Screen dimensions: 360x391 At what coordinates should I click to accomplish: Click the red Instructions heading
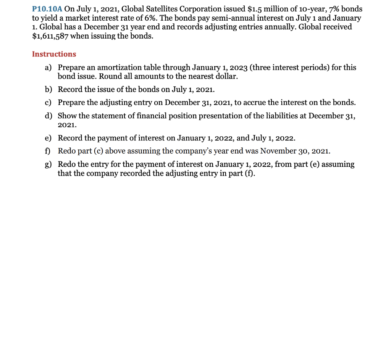click(x=54, y=54)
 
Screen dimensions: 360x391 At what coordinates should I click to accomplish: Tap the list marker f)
click(x=48, y=151)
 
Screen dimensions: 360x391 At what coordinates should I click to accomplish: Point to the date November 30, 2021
click(x=295, y=151)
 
